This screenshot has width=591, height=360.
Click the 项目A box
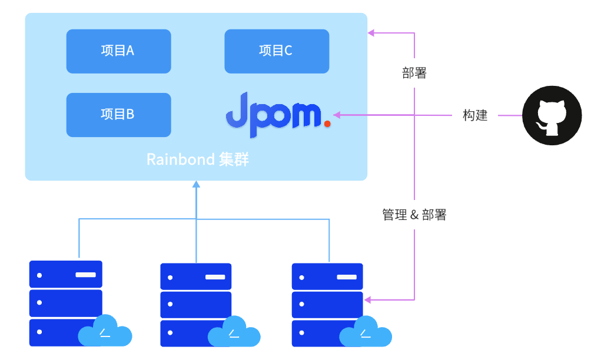(x=118, y=51)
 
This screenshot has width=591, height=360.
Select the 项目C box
(x=277, y=51)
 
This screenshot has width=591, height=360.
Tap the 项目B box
(x=118, y=115)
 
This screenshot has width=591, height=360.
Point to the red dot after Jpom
(x=327, y=124)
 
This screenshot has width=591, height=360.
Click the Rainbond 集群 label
(x=198, y=159)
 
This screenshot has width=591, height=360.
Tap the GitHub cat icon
(x=552, y=115)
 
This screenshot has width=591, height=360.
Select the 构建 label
(x=475, y=115)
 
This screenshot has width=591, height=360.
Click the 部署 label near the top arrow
(x=414, y=74)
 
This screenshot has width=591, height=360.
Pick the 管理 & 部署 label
(x=414, y=215)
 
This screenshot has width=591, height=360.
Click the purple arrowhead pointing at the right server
(x=367, y=300)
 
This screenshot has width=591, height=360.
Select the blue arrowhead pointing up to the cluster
(x=197, y=184)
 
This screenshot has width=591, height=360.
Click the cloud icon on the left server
(x=105, y=334)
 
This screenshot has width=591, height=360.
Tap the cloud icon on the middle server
(x=234, y=334)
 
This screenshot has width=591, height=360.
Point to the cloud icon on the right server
(x=366, y=334)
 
